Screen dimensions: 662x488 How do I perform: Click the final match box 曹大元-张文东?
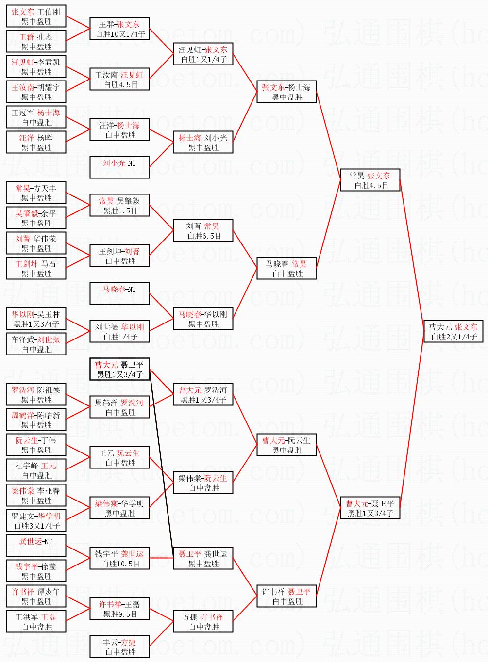[x=453, y=332]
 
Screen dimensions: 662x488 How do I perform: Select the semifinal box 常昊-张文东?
[x=370, y=180]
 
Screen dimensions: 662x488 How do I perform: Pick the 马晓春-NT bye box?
[x=119, y=294]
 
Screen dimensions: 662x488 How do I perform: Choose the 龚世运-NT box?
[x=36, y=546]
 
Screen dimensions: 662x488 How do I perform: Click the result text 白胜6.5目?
[x=204, y=236]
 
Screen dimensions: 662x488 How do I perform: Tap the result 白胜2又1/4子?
[x=453, y=337]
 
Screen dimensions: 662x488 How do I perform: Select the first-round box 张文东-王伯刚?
[x=36, y=16]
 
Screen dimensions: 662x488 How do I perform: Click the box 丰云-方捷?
[x=119, y=647]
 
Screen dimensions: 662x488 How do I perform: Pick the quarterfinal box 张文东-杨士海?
[x=286, y=92]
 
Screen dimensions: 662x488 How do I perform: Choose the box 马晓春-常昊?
[x=286, y=269]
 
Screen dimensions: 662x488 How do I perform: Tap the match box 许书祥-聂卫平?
[x=286, y=597]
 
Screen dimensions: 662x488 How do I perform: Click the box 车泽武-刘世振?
[x=36, y=344]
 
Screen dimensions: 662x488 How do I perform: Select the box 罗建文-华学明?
[x=36, y=521]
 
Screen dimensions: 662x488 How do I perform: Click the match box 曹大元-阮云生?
[x=286, y=445]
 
